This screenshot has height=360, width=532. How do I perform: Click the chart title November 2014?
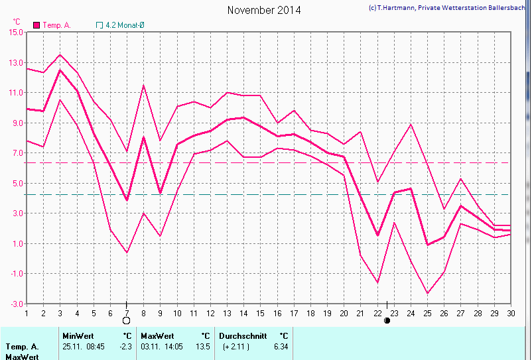coord(263,10)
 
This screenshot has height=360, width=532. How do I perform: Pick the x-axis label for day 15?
coord(261,313)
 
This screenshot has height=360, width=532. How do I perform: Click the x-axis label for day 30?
coord(511,313)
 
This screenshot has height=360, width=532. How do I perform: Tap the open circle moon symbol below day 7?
coord(126,321)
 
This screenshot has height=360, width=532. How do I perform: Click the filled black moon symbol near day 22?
coord(387,321)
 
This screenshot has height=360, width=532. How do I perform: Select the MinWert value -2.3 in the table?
coord(126,346)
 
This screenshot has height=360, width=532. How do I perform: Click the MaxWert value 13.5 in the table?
coord(204,346)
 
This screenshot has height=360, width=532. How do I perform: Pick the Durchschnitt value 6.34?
coord(281,346)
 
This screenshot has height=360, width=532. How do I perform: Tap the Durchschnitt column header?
coord(242,336)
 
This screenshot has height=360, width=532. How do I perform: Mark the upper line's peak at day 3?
coord(60,55)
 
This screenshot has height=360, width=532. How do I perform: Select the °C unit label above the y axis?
coord(17,22)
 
